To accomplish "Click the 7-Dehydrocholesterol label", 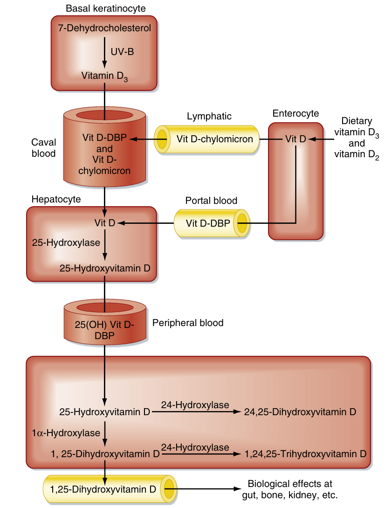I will click(104, 28).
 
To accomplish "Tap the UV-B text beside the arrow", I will click(122, 52).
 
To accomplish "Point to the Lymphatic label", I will click(209, 116).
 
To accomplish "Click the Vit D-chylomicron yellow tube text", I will click(214, 139).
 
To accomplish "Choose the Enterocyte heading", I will click(296, 113).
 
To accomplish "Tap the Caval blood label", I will click(44, 147).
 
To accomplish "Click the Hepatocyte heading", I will click(56, 199).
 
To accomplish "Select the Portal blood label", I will click(211, 201).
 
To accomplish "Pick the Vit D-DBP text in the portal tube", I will click(208, 223).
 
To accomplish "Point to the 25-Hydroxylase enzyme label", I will click(66, 243).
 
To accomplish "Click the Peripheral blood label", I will click(188, 323).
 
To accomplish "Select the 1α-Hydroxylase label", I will click(66, 433).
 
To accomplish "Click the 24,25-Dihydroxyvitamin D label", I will click(300, 412).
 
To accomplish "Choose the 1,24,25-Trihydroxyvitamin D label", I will click(305, 453).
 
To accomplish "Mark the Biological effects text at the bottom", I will click(290, 489).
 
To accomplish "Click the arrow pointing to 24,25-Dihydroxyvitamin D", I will click(196, 412).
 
